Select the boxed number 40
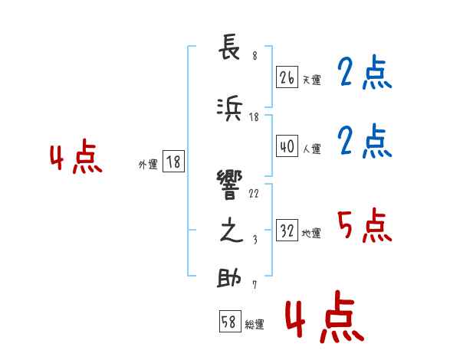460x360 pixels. (x=287, y=146)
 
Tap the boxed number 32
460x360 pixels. (x=287, y=231)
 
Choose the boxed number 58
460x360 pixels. (x=229, y=322)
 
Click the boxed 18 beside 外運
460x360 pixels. (x=173, y=162)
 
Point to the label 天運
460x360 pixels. (x=311, y=80)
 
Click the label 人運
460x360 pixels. (x=311, y=149)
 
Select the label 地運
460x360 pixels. (x=311, y=234)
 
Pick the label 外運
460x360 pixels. (x=148, y=164)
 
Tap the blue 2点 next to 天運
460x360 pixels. (x=364, y=74)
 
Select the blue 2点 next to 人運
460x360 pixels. (x=364, y=142)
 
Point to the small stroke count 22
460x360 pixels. (x=254, y=193)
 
